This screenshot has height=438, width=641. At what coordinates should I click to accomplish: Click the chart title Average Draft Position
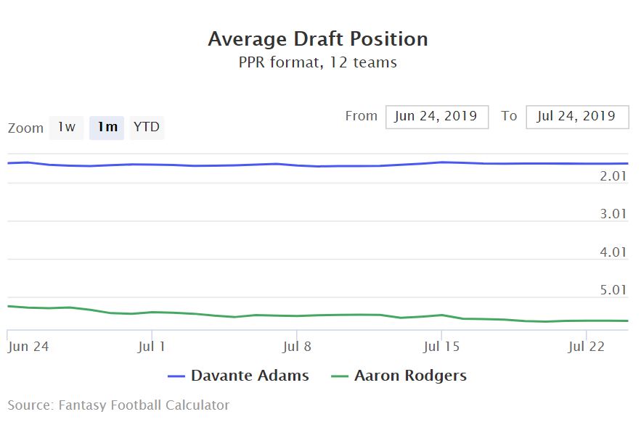coord(318,38)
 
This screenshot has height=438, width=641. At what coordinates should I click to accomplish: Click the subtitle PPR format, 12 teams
coord(318,62)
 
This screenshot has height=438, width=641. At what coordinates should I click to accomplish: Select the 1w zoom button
coord(67,128)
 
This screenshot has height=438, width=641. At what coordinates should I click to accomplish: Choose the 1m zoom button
coord(107,128)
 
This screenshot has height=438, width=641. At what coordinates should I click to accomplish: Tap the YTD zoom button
coord(147,128)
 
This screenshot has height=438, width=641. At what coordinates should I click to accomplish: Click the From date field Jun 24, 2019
coord(436,116)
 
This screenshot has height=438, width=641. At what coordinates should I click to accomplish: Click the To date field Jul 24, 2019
coord(577,116)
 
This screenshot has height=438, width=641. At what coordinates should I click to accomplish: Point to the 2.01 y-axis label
coord(613,176)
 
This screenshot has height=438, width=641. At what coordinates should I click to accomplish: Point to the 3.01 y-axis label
coord(613,214)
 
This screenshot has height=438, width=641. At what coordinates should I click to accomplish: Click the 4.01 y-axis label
coord(613,252)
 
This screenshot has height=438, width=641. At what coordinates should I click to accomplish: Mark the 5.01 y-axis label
coord(613,290)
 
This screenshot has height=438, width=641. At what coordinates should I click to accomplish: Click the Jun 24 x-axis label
coord(28,347)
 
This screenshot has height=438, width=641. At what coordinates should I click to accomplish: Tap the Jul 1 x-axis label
coord(152,347)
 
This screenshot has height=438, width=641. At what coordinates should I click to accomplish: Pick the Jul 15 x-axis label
coord(441,347)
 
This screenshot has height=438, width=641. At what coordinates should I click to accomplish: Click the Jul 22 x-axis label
coord(586,347)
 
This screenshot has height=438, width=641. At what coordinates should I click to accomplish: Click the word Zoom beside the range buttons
coord(26,128)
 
